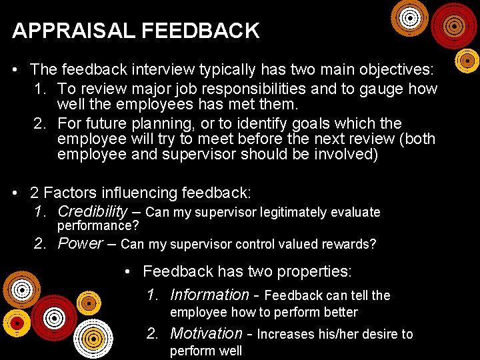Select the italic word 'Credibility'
[92, 212]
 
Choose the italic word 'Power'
[81, 243]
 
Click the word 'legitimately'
[296, 213]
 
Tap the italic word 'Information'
[209, 295]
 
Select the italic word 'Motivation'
[206, 333]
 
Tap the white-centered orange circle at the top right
[409, 18]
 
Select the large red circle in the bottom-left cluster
[55, 317]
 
